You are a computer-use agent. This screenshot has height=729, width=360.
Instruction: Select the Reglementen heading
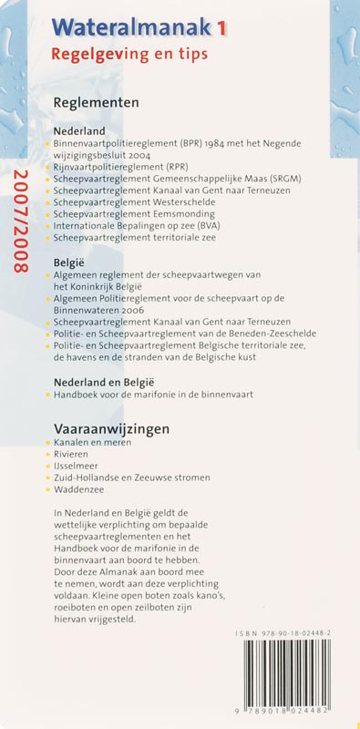point(97,103)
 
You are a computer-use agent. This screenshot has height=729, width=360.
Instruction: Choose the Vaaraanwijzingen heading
point(112,428)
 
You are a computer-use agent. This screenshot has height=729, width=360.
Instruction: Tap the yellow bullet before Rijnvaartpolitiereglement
point(48,169)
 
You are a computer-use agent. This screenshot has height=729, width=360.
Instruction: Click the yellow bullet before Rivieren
point(48,455)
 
